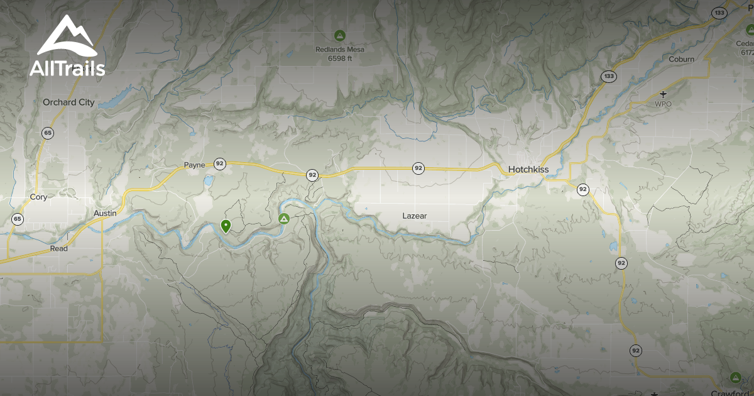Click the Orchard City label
pos(68,102)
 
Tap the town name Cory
pos(38,197)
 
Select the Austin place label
pos(105,213)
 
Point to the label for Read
pos(58,249)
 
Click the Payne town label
pos(194,165)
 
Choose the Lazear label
pos(415,216)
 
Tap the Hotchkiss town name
pos(529,169)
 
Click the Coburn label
pos(682,59)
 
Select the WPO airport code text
pos(664,104)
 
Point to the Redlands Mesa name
pos(340,49)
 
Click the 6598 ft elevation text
pos(340,58)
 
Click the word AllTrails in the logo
pos(67,69)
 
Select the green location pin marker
pos(226,226)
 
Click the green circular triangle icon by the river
pos(283,219)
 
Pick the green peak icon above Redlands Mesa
pos(340,35)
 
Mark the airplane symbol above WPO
pos(664,94)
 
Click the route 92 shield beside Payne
pos(219,163)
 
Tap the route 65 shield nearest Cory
pos(18,219)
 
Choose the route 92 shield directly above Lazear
pos(418,168)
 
